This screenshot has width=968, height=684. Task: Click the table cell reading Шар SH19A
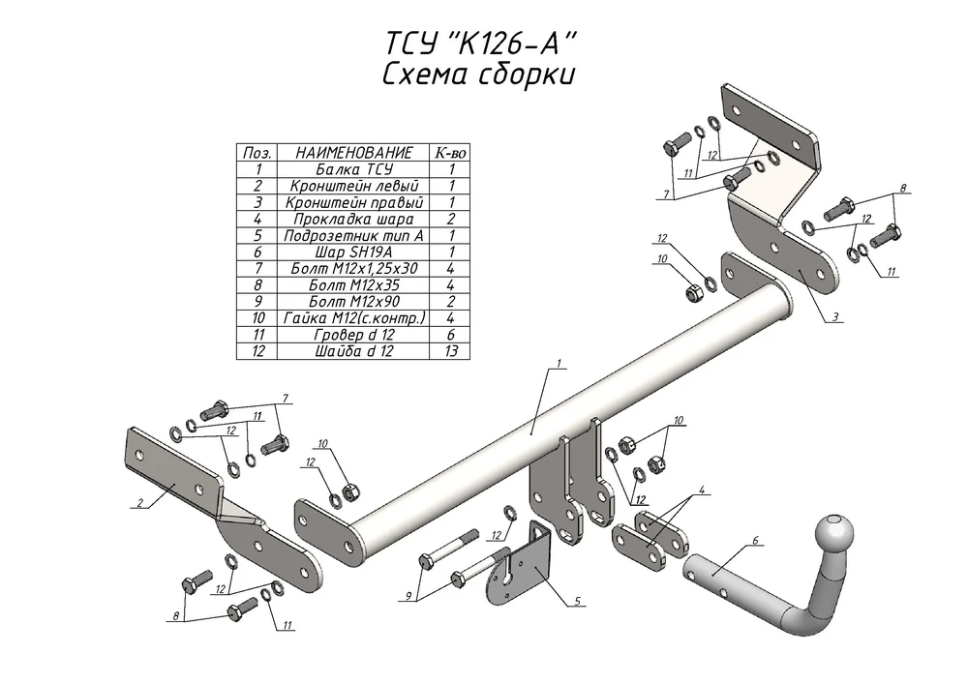353,253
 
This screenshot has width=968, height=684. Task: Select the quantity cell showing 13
450,351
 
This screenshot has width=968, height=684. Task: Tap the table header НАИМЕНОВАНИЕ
353,153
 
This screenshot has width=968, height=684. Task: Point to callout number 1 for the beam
559,364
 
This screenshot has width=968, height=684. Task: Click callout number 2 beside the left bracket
140,503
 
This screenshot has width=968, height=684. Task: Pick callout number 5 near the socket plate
577,600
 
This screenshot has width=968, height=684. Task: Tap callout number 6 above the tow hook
754,541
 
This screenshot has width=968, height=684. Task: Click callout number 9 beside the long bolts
408,596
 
